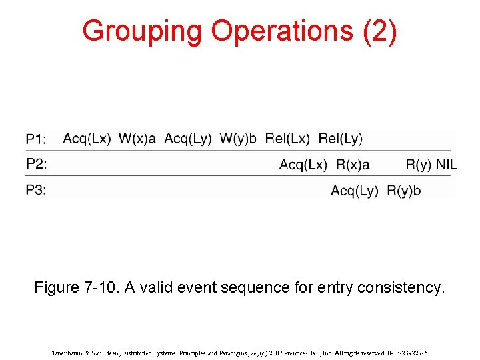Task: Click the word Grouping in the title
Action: pyautogui.click(x=142, y=31)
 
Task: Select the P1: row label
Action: pyautogui.click(x=37, y=139)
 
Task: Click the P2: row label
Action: pyautogui.click(x=37, y=164)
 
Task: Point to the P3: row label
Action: pyautogui.click(x=37, y=190)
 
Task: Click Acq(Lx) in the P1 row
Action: pyautogui.click(x=87, y=139)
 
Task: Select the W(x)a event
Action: pyautogui.click(x=137, y=139)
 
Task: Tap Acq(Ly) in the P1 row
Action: pyautogui.click(x=188, y=139)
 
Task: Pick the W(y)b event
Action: pyautogui.click(x=238, y=139)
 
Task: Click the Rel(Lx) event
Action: pyautogui.click(x=287, y=139)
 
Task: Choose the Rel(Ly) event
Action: pyautogui.click(x=341, y=139)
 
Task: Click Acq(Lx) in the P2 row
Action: pyautogui.click(x=303, y=165)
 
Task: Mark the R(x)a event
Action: pyautogui.click(x=353, y=165)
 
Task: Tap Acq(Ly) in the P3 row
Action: pyautogui.click(x=355, y=191)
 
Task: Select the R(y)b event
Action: pyautogui.click(x=404, y=191)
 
